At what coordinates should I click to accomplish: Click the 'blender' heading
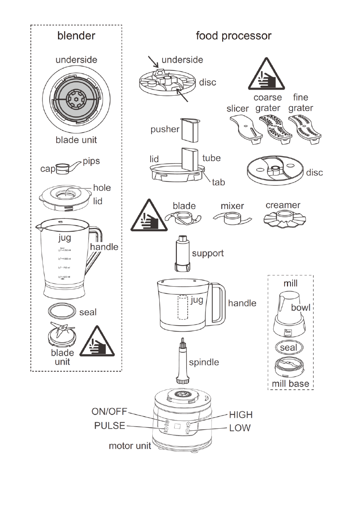[x=76, y=36]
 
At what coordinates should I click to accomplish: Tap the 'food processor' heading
[x=233, y=36]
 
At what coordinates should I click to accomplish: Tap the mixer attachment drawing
[x=231, y=217]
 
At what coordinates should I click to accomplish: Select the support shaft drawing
[x=182, y=253]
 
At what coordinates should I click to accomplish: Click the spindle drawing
[x=183, y=361]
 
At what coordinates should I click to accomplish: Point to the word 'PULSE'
[x=109, y=426]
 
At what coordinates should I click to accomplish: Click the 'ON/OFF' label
[x=109, y=411]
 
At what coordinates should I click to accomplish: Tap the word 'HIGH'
[x=241, y=415]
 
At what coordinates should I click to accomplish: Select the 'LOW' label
[x=240, y=428]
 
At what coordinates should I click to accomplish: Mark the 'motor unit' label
[x=130, y=446]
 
